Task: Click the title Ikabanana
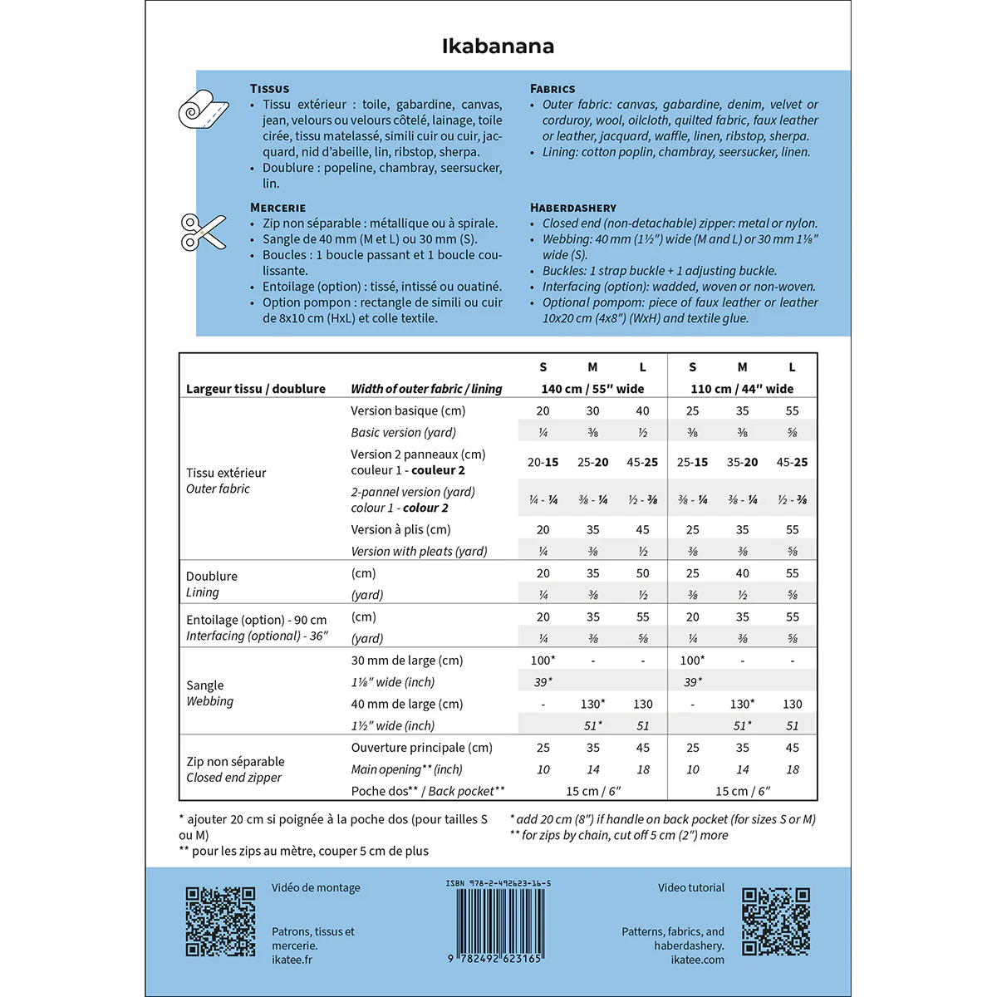click(x=498, y=46)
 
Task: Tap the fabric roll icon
click(x=204, y=111)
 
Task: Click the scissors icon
click(x=204, y=232)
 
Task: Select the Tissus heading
click(x=270, y=89)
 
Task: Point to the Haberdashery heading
click(x=573, y=208)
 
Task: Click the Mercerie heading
click(x=277, y=208)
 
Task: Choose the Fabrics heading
click(x=553, y=89)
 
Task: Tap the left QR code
click(x=220, y=921)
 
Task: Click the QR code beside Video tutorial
click(x=775, y=921)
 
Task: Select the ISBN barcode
click(x=498, y=922)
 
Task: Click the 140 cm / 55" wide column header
click(x=592, y=389)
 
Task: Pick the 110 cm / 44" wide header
click(x=742, y=389)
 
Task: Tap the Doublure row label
click(x=212, y=577)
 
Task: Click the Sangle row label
click(x=204, y=685)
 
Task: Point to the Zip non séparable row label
click(x=235, y=762)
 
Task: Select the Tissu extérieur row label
click(x=226, y=474)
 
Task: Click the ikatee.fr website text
click(x=292, y=960)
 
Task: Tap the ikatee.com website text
click(x=697, y=960)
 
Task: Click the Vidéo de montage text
click(x=316, y=888)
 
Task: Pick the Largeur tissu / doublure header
click(x=256, y=389)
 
